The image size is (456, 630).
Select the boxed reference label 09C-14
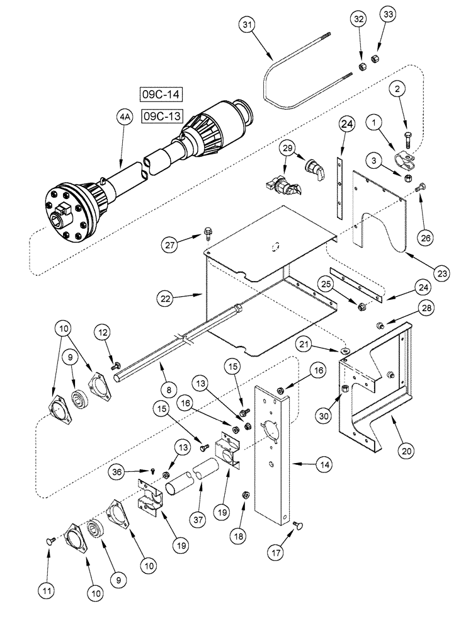pyautogui.click(x=161, y=96)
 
